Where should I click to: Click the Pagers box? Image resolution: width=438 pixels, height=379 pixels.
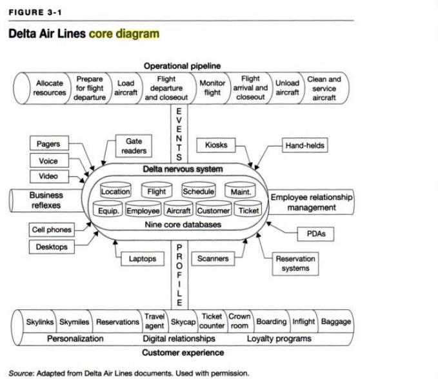pyautogui.click(x=48, y=144)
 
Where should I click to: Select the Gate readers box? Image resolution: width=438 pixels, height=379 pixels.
pyautogui.click(x=134, y=145)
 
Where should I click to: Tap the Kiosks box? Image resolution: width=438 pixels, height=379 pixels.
pyautogui.click(x=216, y=145)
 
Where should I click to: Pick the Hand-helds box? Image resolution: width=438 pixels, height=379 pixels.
pyautogui.click(x=304, y=146)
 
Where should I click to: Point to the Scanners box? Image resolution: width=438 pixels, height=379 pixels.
pyautogui.click(x=213, y=259)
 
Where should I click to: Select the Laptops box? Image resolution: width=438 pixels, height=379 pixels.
pyautogui.click(x=143, y=259)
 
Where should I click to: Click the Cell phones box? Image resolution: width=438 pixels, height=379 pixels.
pyautogui.click(x=52, y=230)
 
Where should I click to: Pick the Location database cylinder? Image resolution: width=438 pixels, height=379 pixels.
pyautogui.click(x=115, y=192)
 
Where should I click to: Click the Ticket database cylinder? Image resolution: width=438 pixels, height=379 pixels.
pyautogui.click(x=248, y=210)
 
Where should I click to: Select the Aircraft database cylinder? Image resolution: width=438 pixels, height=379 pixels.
pyautogui.click(x=179, y=210)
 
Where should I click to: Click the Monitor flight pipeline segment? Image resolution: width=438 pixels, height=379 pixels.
pyautogui.click(x=212, y=88)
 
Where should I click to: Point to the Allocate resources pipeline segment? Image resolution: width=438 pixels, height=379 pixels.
pyautogui.click(x=50, y=88)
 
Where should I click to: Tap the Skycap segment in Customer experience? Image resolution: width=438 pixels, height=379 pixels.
pyautogui.click(x=183, y=322)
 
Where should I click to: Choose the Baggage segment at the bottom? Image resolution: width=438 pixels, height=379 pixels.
pyautogui.click(x=335, y=322)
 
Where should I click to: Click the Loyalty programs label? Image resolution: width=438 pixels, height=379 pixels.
pyautogui.click(x=279, y=338)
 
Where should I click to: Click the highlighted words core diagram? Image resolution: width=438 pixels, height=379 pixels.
pyautogui.click(x=124, y=33)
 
